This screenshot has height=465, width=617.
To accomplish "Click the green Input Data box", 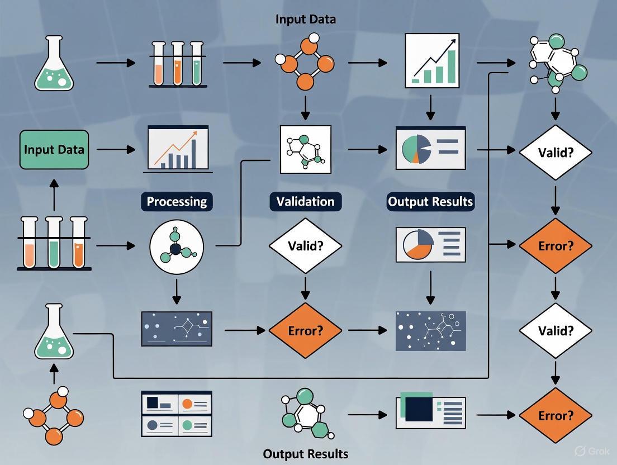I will (54, 149).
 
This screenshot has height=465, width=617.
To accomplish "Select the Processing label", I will (177, 201).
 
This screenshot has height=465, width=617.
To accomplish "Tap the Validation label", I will (305, 201).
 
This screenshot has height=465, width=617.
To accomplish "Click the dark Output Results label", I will (430, 201).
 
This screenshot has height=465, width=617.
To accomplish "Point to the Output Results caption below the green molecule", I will (306, 453).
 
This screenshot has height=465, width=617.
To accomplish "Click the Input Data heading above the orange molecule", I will (306, 19).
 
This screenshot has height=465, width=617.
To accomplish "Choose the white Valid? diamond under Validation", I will (305, 245).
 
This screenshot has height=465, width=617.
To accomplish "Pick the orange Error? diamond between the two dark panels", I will (305, 330).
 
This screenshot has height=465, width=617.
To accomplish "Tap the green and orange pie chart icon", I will (430, 148).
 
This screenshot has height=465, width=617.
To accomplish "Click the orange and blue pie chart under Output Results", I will (430, 245).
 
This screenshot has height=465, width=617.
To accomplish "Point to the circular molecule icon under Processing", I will (177, 246).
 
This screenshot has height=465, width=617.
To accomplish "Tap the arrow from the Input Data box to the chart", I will (116, 149).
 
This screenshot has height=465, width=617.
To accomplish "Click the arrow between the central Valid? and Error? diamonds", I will (305, 287).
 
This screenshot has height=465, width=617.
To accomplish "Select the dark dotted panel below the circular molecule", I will (177, 329).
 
